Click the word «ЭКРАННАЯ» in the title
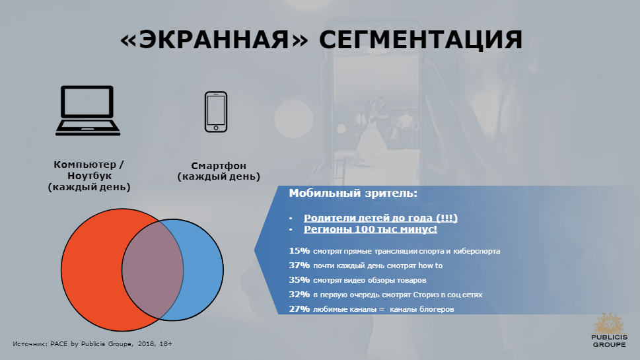[214, 40]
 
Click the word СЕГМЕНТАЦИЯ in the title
[421, 40]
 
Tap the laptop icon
[88, 110]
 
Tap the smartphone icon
[216, 112]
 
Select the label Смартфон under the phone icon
[219, 166]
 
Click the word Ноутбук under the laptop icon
[89, 176]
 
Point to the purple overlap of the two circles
[153, 270]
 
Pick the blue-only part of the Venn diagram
[203, 270]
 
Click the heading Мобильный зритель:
[353, 193]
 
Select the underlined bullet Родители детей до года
[380, 218]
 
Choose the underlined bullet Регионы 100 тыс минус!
[371, 229]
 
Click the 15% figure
[299, 250]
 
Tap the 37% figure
[299, 266]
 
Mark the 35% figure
[299, 280]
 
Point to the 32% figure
[299, 295]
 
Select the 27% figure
[299, 309]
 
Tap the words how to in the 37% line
[430, 266]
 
